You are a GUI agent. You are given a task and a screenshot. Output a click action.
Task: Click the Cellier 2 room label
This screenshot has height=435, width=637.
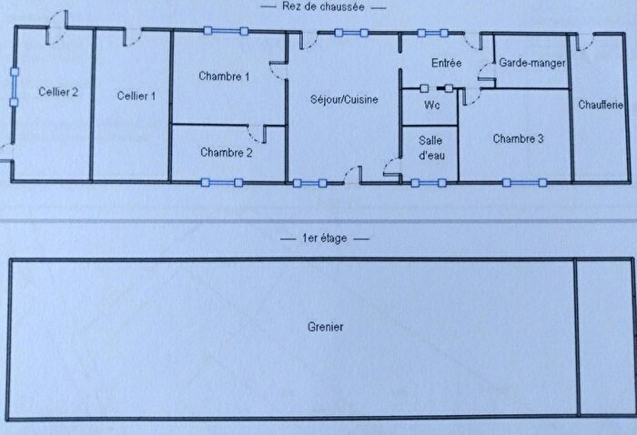coord(58,92)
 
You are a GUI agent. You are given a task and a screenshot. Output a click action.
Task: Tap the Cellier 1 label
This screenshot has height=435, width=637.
coord(136,96)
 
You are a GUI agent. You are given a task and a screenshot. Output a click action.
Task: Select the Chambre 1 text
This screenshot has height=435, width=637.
coord(224,76)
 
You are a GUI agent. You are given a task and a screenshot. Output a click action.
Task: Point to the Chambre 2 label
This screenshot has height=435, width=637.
coord(227,152)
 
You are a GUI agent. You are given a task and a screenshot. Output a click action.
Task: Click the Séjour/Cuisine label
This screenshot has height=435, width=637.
coord(344,99)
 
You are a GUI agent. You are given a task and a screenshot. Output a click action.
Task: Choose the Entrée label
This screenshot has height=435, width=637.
coord(447,63)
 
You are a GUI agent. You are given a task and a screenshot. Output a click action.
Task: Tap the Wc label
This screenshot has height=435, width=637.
coord(432,106)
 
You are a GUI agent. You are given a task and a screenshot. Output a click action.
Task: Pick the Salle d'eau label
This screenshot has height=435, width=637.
coord(431,147)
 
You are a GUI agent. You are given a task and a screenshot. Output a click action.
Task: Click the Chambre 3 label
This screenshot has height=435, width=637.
coord(518,139)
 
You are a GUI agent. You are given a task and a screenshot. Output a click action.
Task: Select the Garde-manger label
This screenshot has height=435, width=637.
coord(532,63)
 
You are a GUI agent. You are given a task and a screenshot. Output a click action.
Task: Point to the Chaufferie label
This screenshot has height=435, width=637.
coord(601,105)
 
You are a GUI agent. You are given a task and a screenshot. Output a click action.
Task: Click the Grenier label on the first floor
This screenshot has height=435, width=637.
coord(326,327)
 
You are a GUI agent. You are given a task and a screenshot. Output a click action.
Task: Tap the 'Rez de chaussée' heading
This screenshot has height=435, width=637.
coord(323,6)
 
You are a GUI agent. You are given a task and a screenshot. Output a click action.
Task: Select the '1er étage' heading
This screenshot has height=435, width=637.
coord(325,238)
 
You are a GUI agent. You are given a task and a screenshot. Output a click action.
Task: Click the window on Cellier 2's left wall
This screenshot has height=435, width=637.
coord(15,87)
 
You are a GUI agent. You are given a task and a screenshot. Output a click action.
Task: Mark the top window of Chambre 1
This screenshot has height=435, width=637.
coord(226,31)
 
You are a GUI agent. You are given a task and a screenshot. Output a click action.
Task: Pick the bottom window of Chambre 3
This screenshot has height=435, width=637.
coord(524,183)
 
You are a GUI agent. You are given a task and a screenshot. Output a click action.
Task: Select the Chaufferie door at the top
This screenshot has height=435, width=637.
coord(584,43)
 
